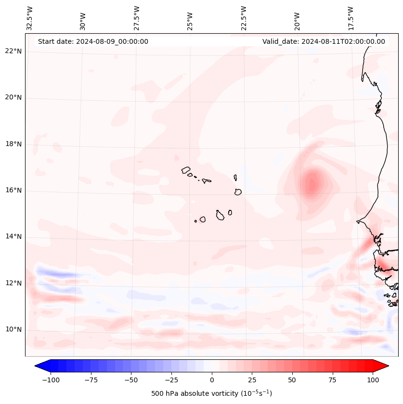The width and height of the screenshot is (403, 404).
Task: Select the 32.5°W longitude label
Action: (x=30, y=18)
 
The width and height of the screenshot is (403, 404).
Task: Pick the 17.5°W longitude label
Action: (x=351, y=18)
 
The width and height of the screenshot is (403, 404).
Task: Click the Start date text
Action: (x=93, y=41)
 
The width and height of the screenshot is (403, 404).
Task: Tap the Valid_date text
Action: (x=324, y=41)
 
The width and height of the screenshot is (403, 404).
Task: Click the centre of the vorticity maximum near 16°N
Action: (x=312, y=184)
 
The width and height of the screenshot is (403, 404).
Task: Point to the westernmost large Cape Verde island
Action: (x=186, y=170)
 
